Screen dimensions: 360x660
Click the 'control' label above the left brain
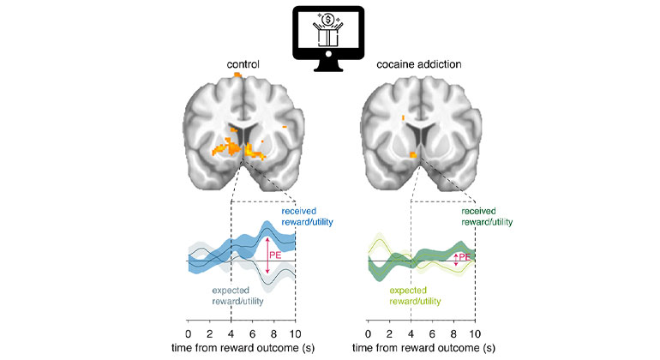click(243, 64)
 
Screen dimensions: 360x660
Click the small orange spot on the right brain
click(414, 155)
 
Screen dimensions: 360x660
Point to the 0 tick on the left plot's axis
click(189, 333)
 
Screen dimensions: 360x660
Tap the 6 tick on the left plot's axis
click(252, 333)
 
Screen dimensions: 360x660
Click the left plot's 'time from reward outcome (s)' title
click(242, 350)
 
